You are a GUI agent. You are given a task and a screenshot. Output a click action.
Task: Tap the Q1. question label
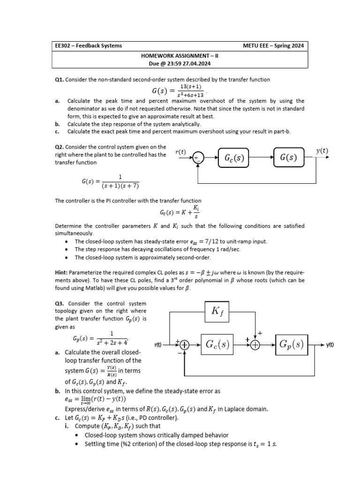pyautogui.click(x=60, y=80)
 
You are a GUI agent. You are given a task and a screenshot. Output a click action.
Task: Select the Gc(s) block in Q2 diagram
pyautogui.click(x=233, y=158)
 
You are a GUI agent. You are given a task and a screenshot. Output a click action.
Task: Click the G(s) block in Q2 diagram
pyautogui.click(x=288, y=158)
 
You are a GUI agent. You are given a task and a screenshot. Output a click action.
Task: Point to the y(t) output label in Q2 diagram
pyautogui.click(x=322, y=151)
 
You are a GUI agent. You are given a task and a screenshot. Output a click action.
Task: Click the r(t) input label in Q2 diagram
pyautogui.click(x=180, y=152)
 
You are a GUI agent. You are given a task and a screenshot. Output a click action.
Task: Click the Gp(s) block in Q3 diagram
pyautogui.click(x=292, y=344)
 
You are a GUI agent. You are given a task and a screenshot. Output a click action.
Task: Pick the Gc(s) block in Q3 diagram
pyautogui.click(x=217, y=345)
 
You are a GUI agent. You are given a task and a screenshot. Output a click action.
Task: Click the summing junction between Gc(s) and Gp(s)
pyautogui.click(x=255, y=345)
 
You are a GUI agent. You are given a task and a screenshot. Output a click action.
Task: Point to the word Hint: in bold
pyautogui.click(x=63, y=272)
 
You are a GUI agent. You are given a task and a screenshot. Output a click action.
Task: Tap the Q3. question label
pyautogui.click(x=60, y=303)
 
